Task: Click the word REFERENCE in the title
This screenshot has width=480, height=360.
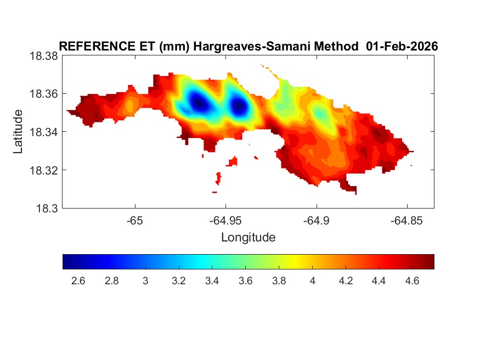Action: pos(87,47)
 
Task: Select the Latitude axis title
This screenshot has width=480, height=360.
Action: pos(19,132)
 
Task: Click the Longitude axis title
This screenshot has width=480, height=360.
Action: pos(248,238)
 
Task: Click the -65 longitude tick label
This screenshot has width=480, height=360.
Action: pos(134,221)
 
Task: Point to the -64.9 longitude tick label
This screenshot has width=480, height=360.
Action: pos(316,221)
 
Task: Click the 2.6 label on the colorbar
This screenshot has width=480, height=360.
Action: pos(78,281)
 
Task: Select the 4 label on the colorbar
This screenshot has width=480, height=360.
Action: pos(312,281)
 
